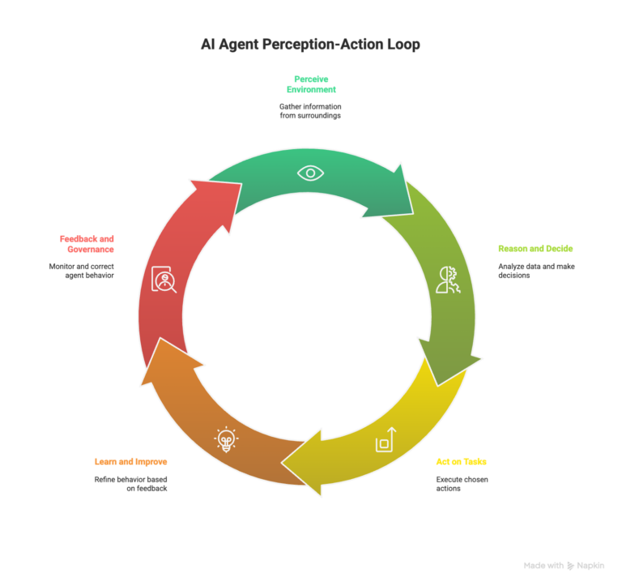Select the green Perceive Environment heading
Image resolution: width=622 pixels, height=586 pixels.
click(310, 84)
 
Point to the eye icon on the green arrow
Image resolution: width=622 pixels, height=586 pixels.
click(310, 173)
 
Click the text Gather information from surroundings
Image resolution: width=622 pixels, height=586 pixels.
click(310, 111)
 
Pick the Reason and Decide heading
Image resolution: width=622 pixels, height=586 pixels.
click(535, 248)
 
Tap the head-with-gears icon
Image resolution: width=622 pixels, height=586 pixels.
click(448, 279)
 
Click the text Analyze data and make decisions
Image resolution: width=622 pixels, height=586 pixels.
click(536, 271)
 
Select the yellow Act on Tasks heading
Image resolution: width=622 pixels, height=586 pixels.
click(461, 461)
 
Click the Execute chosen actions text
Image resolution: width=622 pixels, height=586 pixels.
click(462, 484)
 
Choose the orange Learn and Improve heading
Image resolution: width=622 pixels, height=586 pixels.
click(130, 461)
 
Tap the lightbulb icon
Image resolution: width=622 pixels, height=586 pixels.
click(226, 439)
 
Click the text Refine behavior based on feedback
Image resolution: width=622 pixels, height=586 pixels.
click(130, 484)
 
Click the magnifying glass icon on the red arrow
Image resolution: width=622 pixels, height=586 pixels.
click(164, 280)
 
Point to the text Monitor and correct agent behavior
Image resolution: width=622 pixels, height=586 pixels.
click(81, 271)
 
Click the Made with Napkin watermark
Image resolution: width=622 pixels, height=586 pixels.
click(564, 566)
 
